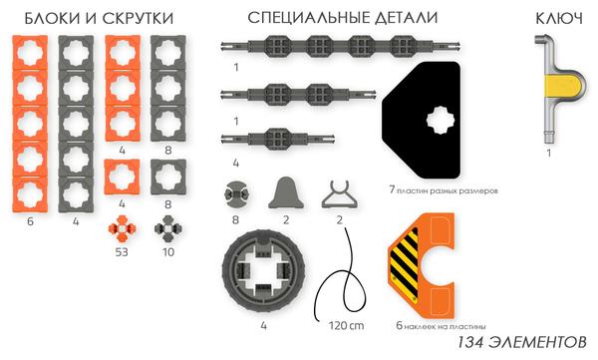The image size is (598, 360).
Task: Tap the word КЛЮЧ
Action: click(552, 18)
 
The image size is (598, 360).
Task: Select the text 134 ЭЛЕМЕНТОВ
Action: click(522, 343)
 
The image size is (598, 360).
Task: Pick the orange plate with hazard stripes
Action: click(428, 264)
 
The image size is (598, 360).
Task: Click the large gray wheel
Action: click(261, 271)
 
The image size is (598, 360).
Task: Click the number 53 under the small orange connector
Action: click(123, 251)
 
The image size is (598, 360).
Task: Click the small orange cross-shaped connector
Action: click(122, 230)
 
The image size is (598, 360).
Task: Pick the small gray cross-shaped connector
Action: click(165, 230)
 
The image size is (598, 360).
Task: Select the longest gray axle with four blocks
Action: click(320, 46)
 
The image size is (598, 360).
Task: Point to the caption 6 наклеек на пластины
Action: click(441, 325)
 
